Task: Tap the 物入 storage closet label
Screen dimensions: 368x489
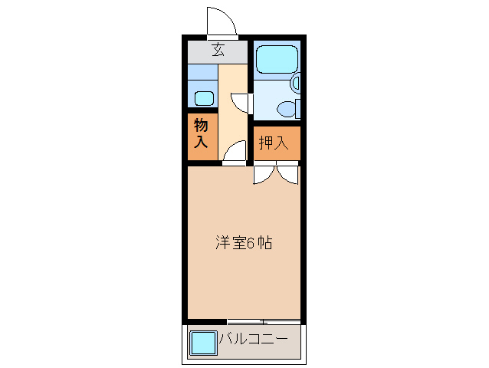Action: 201,133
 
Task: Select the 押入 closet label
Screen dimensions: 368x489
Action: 273,143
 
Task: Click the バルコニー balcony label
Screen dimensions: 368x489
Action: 253,339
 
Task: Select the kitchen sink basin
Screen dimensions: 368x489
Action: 203,98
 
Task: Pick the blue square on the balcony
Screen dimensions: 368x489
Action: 203,342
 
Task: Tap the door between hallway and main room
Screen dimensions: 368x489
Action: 234,154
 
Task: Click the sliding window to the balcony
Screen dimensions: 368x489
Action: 263,320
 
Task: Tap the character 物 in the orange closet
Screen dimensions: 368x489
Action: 201,125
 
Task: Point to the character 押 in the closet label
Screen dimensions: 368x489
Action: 265,143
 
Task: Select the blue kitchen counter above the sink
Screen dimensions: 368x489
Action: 203,73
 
